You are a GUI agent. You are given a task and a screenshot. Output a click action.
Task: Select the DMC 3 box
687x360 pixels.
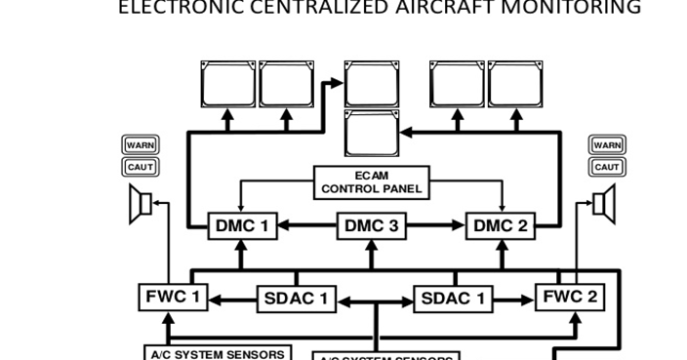[371, 226]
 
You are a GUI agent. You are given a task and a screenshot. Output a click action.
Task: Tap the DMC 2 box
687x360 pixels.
[500, 226]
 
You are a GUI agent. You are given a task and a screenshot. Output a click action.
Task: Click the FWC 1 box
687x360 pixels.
[172, 297]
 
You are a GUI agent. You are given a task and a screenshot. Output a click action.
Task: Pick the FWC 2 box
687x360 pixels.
[570, 297]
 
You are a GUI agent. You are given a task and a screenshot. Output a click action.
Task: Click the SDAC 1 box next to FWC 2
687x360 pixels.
[454, 299]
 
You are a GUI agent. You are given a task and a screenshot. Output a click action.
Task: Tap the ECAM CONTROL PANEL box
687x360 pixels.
[372, 182]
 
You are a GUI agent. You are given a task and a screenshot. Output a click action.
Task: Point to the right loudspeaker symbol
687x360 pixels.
[606, 206]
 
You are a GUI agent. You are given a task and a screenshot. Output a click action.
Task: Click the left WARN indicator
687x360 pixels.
[141, 145]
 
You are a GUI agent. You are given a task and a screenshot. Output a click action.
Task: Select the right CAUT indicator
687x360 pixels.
[607, 167]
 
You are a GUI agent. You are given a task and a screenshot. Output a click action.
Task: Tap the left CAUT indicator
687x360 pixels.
[141, 167]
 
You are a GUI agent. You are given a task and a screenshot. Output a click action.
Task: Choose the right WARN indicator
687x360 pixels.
[607, 145]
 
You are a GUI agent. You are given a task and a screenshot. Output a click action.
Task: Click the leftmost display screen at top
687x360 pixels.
[228, 84]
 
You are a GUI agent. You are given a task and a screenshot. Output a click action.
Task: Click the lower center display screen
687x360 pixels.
[372, 134]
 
